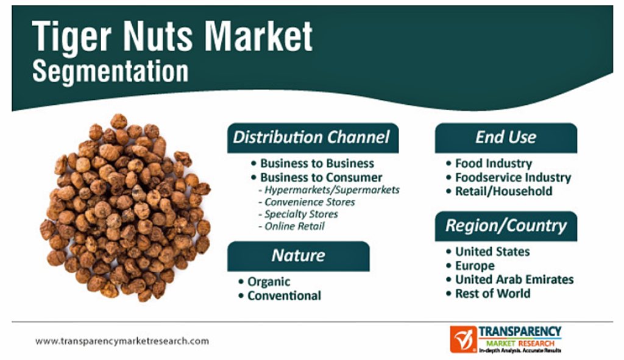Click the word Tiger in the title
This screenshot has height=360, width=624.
(72, 37)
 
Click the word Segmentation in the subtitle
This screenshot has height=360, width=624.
(110, 72)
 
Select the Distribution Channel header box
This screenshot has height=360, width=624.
(313, 138)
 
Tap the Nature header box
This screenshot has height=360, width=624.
(299, 256)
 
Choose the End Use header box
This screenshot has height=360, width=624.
(506, 138)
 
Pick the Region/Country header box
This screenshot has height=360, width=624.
(506, 226)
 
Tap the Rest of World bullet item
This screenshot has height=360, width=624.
(492, 294)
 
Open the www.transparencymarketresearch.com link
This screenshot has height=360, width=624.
(122, 341)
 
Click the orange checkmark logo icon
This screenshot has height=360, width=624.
(463, 339)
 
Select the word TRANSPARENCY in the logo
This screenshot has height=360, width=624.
(520, 332)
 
